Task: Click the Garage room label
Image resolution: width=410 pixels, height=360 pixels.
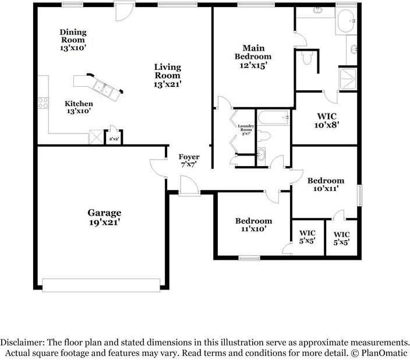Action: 105,217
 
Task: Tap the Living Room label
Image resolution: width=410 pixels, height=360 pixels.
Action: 168,75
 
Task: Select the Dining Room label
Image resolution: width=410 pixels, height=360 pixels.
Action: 73,40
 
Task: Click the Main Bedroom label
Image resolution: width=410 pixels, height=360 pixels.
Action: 253,57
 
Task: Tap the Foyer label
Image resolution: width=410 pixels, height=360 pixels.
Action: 189,161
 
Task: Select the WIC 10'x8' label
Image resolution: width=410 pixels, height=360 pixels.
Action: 326,119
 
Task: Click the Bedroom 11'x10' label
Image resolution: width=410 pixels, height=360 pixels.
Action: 253,225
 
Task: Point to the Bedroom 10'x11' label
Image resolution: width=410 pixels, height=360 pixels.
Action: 326,184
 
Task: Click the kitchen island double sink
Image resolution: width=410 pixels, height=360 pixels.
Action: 104,89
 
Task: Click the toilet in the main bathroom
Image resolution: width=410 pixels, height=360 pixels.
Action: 307,58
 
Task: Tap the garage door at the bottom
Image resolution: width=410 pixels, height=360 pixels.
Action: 101,284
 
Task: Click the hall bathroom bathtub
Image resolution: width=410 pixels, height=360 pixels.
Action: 273,118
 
